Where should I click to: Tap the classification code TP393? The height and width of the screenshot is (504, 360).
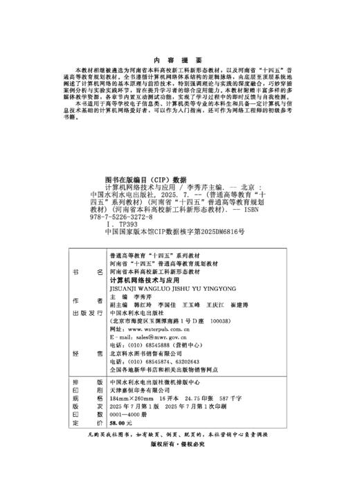[x=123, y=226]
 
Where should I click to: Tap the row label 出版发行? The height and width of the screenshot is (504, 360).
[x=88, y=312]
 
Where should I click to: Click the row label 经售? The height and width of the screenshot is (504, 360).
[x=88, y=353]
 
